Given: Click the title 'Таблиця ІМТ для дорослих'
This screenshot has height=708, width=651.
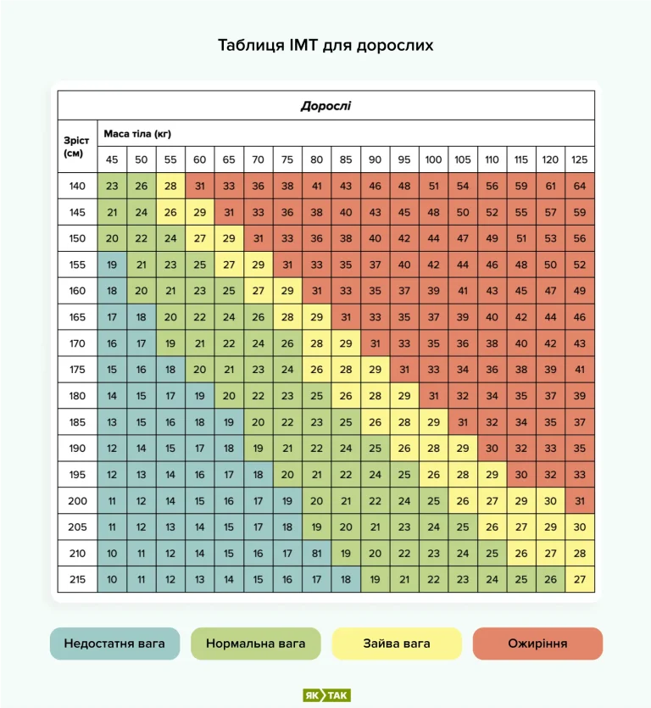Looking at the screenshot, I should coord(325,45).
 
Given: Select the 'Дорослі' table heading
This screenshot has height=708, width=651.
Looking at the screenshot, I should coord(325,106).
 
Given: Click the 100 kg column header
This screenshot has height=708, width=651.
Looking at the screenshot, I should coord(433,159).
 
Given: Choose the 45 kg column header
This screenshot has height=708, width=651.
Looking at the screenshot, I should coord(112,159).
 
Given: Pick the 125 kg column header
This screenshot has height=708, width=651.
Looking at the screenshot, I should coord(580,159).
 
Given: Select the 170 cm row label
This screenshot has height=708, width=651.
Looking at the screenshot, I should coord(77,343).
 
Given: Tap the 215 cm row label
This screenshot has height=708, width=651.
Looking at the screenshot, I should coord(77,580).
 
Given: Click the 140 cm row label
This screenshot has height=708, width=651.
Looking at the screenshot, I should coord(77,186).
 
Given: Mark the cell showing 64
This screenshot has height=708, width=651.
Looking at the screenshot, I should coord(580,186).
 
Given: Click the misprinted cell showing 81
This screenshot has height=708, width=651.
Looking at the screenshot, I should coord(316,554).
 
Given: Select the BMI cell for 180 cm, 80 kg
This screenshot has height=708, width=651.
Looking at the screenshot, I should coord(316,396).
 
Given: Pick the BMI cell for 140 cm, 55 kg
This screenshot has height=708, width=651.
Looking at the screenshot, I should coord(170,186).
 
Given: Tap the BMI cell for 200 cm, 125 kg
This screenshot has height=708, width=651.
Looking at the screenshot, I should coord(580,501).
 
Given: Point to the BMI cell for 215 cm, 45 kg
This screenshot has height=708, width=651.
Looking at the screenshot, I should coord(112,580).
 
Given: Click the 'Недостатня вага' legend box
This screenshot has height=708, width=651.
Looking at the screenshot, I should coord(114,644).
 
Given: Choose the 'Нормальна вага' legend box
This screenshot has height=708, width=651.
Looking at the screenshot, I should coord(256,644).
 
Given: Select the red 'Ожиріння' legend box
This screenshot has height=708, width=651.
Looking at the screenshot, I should coord(537,644).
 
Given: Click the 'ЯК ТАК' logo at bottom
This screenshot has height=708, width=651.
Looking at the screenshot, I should coord(326,695).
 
